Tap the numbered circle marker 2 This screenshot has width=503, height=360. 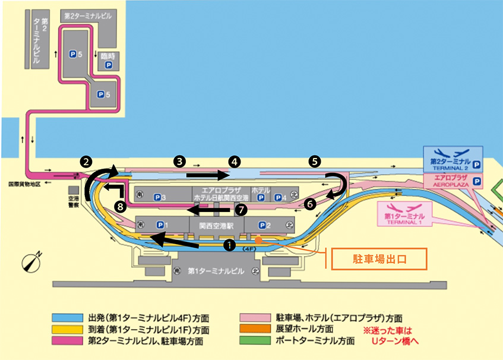click(x=87, y=161)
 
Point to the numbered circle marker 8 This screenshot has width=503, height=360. click(x=121, y=207)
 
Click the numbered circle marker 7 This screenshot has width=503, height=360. click(x=241, y=209)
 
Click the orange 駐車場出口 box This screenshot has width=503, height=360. click(x=379, y=259)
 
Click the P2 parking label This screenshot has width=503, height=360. click(x=266, y=225)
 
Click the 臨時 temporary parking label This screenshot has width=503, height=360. click(x=108, y=60)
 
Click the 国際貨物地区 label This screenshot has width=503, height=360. click(x=24, y=185)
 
